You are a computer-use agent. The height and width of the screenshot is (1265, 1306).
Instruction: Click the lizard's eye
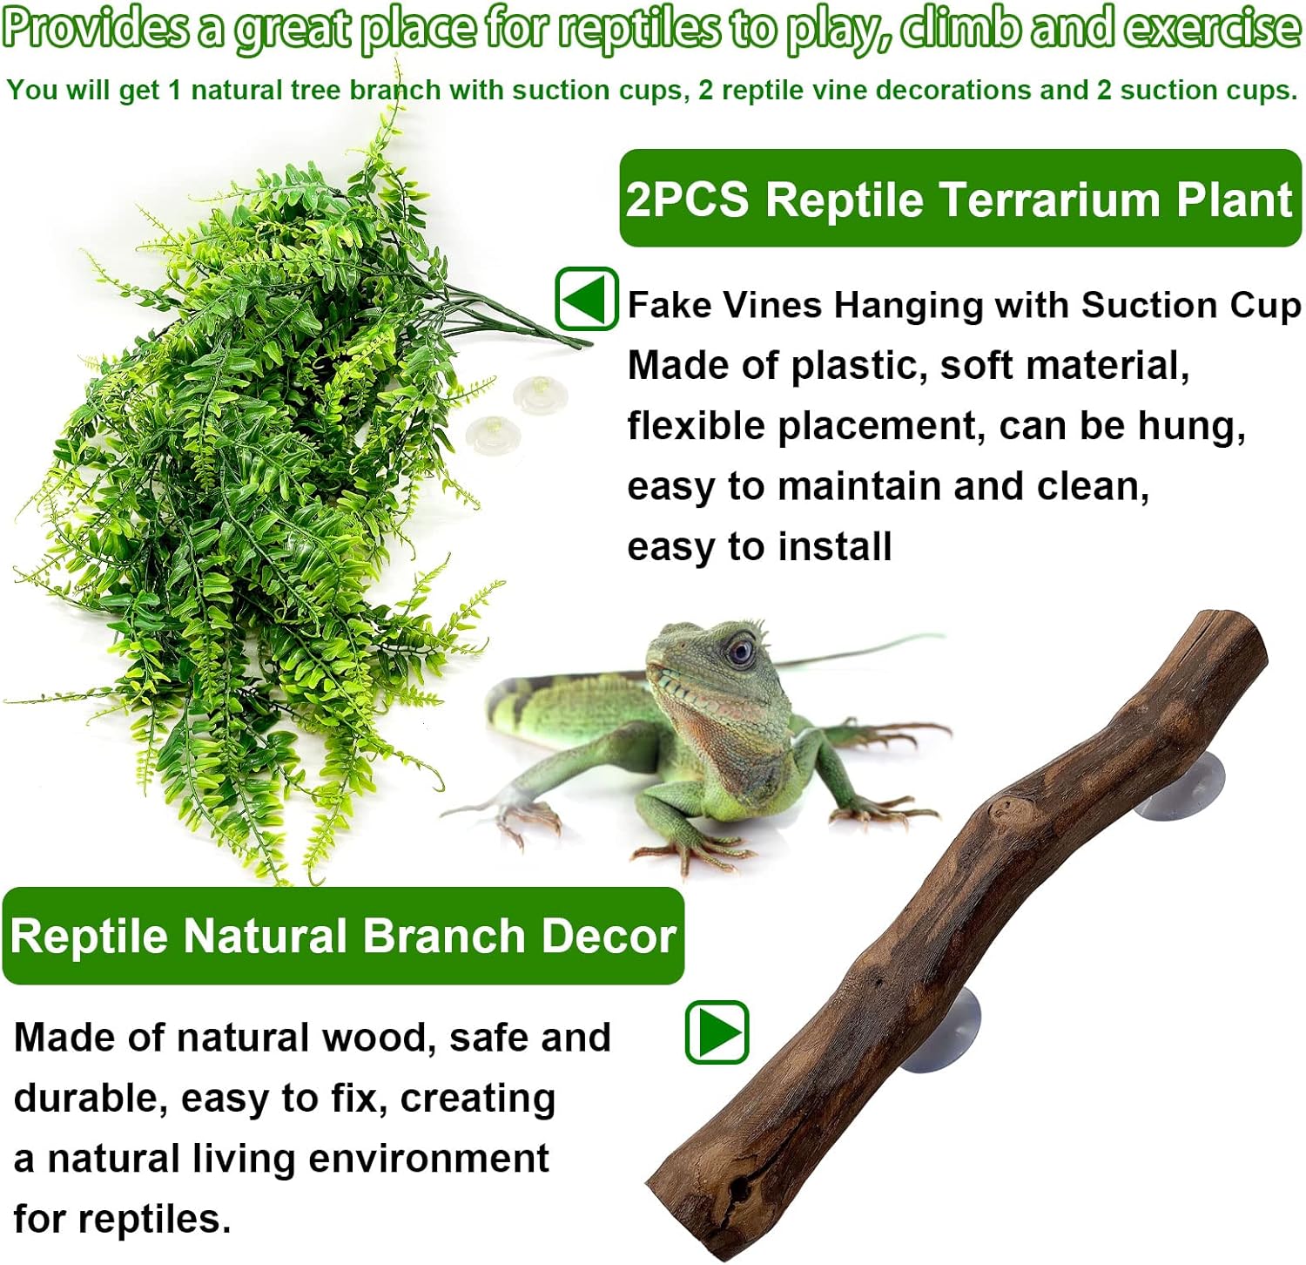(741, 650)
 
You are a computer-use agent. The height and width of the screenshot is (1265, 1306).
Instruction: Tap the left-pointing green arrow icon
(587, 299)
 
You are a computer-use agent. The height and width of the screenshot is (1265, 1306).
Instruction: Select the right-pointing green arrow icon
(717, 1032)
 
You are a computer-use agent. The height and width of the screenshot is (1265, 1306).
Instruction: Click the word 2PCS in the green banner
(687, 200)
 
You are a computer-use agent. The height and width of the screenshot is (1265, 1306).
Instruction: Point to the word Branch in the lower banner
(443, 937)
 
